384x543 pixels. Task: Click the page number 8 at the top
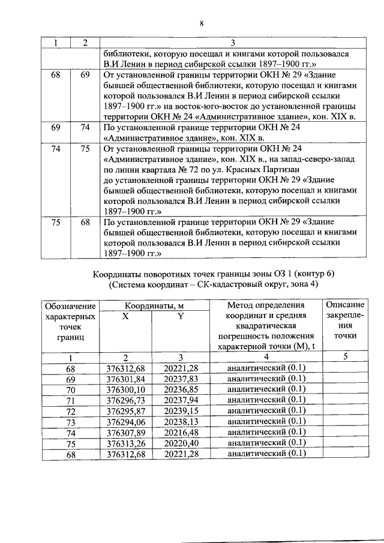coord(202,23)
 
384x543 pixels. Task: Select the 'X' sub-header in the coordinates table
coord(125,316)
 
